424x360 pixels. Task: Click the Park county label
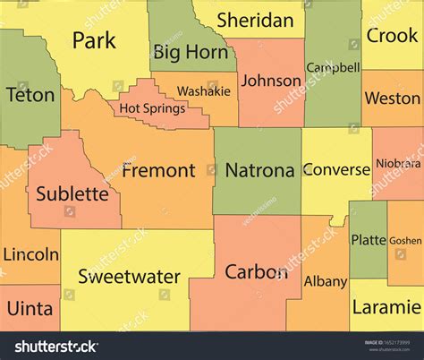point(94,40)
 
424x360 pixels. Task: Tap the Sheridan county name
point(255,20)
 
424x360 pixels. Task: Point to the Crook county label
point(393,36)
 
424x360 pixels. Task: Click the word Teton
point(30,94)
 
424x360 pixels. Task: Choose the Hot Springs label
point(152,108)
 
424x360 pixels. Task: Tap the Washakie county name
point(203,91)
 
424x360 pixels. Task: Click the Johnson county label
point(271,81)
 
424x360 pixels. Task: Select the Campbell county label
point(333,67)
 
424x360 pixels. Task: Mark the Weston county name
point(393,97)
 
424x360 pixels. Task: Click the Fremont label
point(158,169)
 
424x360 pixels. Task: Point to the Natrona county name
point(259,169)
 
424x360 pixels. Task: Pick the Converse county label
point(336,169)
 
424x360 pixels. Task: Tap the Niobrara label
point(397,164)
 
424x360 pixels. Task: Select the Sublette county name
point(72,193)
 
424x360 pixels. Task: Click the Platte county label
point(369,239)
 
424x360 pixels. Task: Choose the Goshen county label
point(405,240)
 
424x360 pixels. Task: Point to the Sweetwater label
point(129,276)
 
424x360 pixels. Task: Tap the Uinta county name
point(30,308)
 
